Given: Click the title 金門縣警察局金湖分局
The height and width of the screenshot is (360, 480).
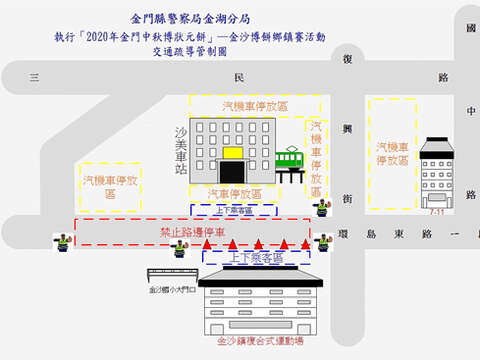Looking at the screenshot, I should point(190,18).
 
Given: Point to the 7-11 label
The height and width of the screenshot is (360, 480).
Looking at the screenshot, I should point(437,213).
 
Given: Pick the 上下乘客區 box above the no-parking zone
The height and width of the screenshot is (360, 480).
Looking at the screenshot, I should point(233,210).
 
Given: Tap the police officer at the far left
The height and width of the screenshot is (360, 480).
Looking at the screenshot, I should point(63,245).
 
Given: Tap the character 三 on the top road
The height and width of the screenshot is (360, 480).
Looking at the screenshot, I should point(34,77).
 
